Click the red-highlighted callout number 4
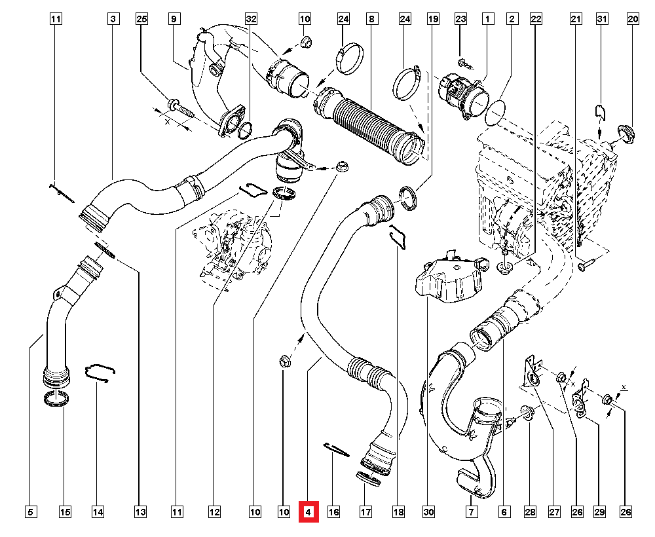point(309,511)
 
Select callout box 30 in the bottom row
point(428,511)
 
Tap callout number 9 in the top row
point(174,19)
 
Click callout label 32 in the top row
point(251,19)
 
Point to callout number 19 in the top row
point(433,19)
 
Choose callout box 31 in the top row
point(601,19)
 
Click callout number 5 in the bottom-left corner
point(31,511)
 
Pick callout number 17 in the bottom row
point(365,511)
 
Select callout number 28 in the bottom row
point(530,511)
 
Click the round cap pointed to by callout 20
point(626,134)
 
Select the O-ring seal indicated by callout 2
point(496,113)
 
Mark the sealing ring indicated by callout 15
point(56,398)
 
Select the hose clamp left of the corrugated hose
point(349,58)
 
